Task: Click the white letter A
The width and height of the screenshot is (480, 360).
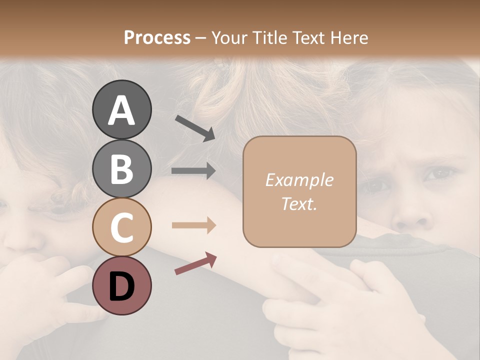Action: [121, 111]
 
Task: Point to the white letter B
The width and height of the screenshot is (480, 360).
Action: [121, 169]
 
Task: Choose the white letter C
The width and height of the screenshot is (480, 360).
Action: [121, 228]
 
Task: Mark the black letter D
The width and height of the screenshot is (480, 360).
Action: [121, 286]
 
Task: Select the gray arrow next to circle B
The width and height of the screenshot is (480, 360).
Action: [193, 171]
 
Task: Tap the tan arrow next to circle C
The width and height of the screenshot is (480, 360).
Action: [193, 225]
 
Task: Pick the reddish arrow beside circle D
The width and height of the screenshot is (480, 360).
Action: [195, 263]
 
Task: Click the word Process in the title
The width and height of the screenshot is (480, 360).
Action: [157, 37]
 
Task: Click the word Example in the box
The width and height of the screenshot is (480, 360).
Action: [299, 180]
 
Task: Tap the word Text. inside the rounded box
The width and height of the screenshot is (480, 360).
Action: [299, 203]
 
